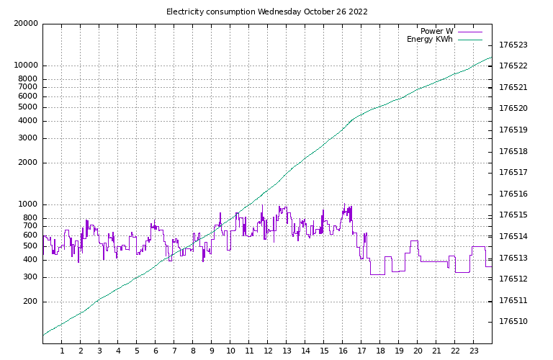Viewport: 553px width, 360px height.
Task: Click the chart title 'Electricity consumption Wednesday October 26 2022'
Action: [x=267, y=12]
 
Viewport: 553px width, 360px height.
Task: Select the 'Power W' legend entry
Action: [x=437, y=31]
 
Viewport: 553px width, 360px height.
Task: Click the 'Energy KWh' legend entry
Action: [x=430, y=40]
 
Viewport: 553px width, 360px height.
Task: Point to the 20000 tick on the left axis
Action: [x=26, y=23]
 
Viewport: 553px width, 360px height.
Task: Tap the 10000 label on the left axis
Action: [x=26, y=66]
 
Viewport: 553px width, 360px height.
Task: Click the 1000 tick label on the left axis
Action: [x=28, y=204]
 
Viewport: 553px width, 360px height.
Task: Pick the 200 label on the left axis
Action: [x=30, y=302]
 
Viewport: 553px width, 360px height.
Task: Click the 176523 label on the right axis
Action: [x=513, y=45]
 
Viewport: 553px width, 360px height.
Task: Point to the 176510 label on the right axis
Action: [x=513, y=321]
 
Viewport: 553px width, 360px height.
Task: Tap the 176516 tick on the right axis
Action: [x=513, y=194]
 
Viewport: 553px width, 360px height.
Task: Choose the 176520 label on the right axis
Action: [x=513, y=109]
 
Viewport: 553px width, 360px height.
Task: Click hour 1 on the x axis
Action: [x=62, y=351]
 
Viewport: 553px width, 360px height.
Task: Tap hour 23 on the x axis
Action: [x=474, y=351]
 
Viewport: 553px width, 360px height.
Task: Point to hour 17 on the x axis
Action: [x=361, y=351]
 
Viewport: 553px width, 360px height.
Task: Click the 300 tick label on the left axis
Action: [x=30, y=277]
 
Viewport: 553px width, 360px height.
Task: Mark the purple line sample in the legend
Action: [x=469, y=32]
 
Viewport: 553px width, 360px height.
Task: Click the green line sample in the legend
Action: [x=469, y=40]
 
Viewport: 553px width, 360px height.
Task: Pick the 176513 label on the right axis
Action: [x=513, y=258]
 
